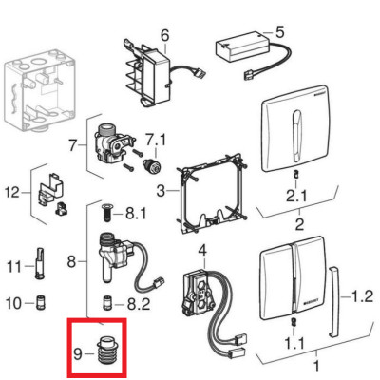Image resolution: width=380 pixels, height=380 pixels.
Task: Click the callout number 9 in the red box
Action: (78, 354)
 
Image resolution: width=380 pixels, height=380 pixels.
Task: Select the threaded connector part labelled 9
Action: (107, 351)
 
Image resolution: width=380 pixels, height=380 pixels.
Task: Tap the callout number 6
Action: (165, 35)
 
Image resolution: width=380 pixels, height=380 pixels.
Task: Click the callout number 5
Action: (280, 32)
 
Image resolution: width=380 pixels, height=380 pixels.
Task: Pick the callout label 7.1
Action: (156, 140)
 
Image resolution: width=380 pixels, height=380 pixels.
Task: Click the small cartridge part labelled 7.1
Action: (152, 165)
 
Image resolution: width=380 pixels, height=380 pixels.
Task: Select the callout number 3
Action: (161, 191)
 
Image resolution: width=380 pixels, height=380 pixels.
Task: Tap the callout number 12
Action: (12, 192)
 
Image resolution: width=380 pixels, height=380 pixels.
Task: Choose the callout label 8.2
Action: (139, 305)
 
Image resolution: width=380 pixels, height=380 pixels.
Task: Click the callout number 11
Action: (14, 267)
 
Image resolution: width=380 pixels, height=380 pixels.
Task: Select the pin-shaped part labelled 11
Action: (40, 263)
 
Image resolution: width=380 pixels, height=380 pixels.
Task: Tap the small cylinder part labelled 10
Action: (41, 302)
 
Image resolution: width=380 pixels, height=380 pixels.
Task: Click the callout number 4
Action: (202, 251)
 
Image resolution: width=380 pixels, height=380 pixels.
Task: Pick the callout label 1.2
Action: (363, 296)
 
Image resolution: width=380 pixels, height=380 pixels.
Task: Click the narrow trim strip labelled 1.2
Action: (334, 301)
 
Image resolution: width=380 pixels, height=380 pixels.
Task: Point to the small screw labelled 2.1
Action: (294, 174)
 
